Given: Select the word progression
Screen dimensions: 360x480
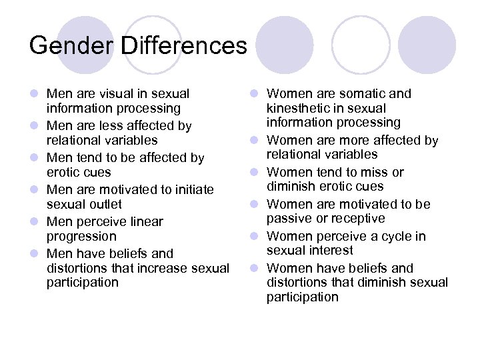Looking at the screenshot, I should [81, 236].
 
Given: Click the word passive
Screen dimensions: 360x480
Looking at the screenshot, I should [287, 219].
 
